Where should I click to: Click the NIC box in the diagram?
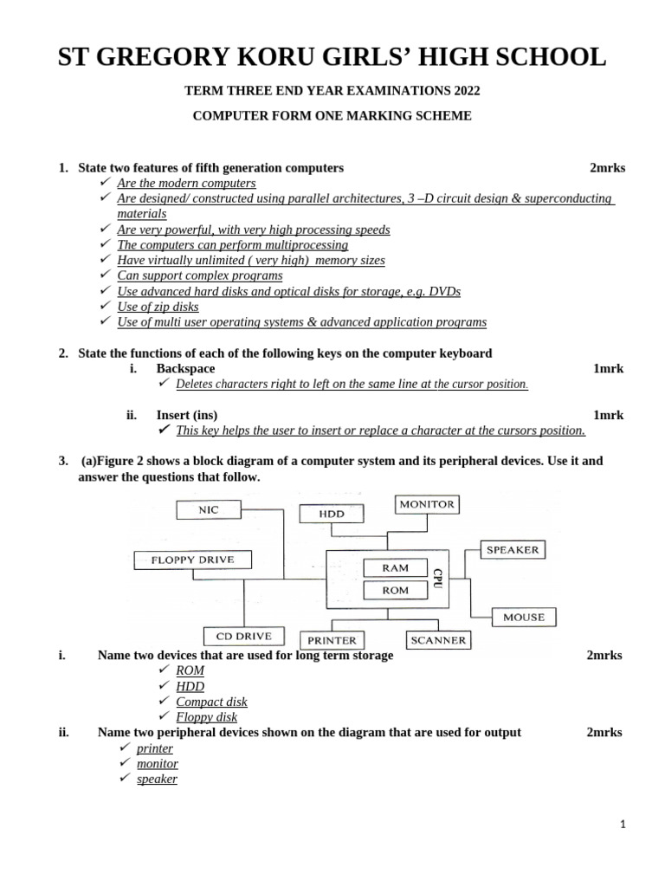coord(209,510)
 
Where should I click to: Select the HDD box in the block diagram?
coord(332,514)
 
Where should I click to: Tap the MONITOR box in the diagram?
coord(427,503)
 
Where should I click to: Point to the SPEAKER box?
coord(512,549)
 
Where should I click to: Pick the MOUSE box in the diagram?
coord(524,617)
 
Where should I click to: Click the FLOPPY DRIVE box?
coord(192,560)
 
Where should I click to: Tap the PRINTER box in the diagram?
coord(332,640)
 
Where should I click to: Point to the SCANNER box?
coord(438,640)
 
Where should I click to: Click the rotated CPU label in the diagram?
coord(437,579)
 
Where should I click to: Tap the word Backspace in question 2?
coord(185,369)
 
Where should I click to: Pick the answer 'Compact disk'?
coord(211,702)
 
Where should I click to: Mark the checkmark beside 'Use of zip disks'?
coord(105,307)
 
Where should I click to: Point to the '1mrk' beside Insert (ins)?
coord(608,415)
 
